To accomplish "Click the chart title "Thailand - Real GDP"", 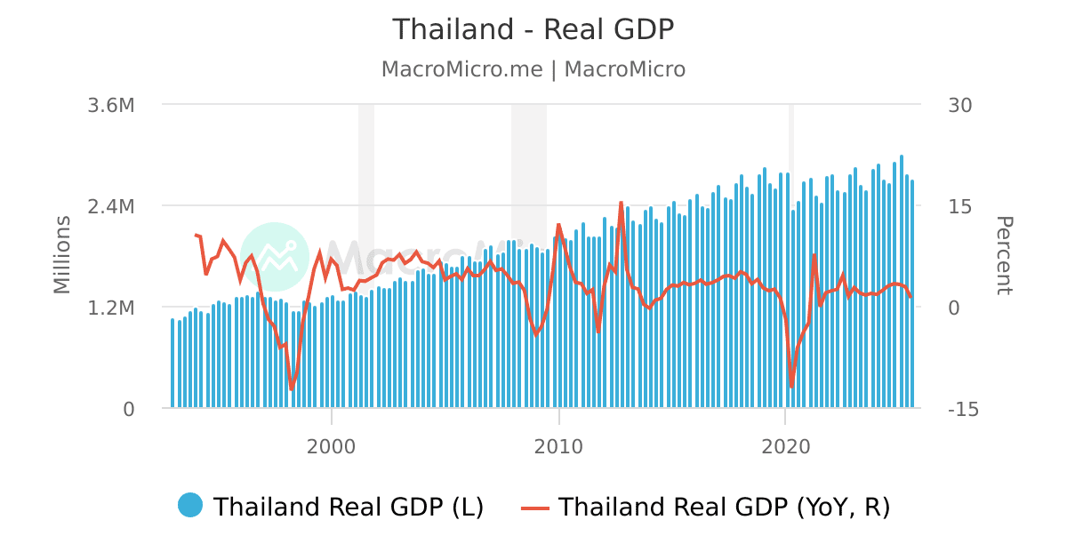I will click(x=533, y=29).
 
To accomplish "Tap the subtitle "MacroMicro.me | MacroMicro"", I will click(x=533, y=69).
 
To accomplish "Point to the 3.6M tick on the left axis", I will click(x=111, y=105).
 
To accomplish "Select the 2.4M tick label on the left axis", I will click(x=111, y=206).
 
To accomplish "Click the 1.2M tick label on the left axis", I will click(x=111, y=308).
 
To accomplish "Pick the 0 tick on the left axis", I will click(x=128, y=409).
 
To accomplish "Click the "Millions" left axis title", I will click(x=61, y=255).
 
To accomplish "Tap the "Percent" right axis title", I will click(x=1004, y=255).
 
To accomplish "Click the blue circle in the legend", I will click(x=190, y=506).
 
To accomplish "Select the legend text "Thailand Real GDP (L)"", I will click(x=349, y=507).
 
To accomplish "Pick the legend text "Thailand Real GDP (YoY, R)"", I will click(x=724, y=507).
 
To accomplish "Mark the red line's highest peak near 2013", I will click(x=622, y=203).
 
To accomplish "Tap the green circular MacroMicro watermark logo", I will click(x=274, y=256).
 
